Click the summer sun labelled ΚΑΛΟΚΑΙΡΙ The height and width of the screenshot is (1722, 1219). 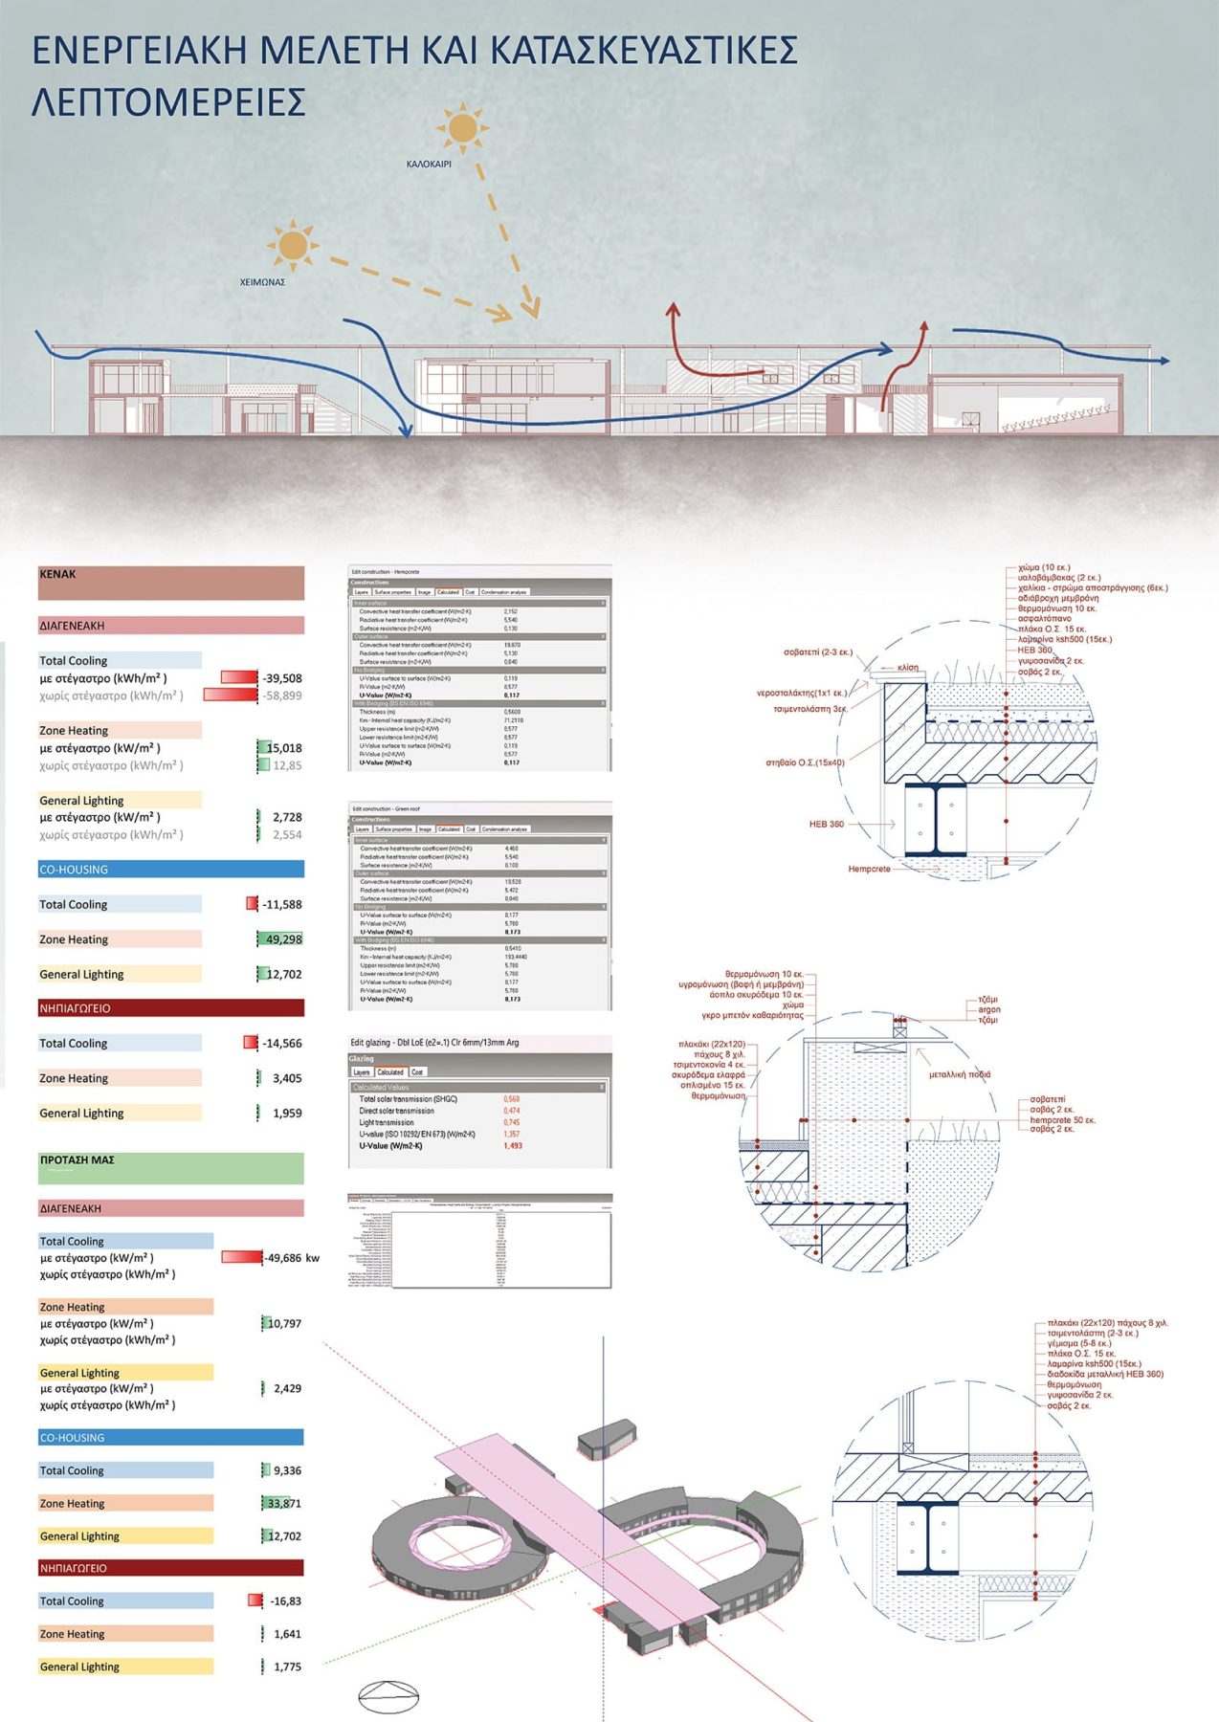click(462, 128)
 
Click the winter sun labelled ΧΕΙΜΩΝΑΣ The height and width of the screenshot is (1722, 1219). click(292, 246)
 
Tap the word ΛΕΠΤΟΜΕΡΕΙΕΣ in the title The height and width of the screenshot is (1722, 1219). click(168, 102)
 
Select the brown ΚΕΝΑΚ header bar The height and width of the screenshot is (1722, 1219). click(171, 583)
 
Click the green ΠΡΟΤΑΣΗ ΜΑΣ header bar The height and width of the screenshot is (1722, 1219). click(171, 1168)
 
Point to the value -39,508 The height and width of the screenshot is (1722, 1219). click(282, 678)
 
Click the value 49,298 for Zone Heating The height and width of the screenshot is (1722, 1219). click(283, 939)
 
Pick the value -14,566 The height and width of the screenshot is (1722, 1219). click(282, 1044)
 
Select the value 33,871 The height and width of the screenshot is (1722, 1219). click(284, 1504)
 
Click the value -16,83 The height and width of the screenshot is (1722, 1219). click(285, 1601)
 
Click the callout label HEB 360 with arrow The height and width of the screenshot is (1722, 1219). click(827, 824)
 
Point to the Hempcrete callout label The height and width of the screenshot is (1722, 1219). click(869, 869)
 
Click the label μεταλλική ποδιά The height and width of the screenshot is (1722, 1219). click(960, 1074)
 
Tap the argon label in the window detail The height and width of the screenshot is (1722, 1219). click(989, 1009)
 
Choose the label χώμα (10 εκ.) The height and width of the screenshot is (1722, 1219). click(1044, 567)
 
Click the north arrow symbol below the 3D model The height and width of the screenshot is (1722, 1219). click(388, 1696)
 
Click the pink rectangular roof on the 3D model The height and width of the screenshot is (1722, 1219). click(574, 1521)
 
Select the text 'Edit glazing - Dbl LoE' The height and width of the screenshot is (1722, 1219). click(434, 1042)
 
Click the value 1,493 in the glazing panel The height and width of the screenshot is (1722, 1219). click(513, 1145)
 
